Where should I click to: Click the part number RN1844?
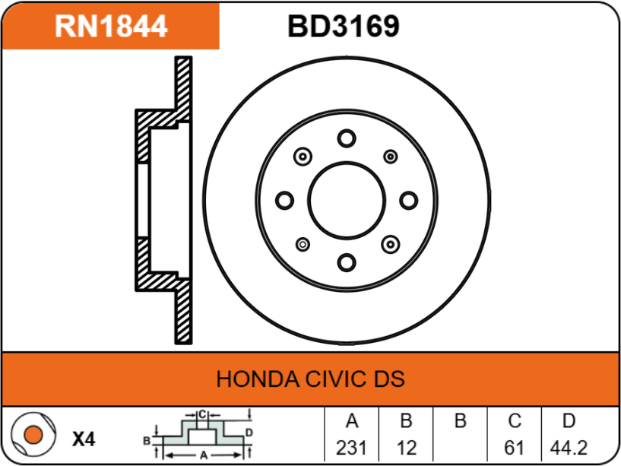pos(111,27)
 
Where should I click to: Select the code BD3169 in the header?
pos(344,27)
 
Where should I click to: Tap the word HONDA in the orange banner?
pos(258,379)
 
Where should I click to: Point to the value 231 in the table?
pos(351,448)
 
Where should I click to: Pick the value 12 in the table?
pos(407,448)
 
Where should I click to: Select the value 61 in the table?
pos(514,448)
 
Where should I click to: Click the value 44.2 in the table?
pos(569,448)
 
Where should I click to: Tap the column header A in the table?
pos(352,421)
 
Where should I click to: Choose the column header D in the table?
pos(569,421)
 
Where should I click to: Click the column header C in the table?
pos(515,421)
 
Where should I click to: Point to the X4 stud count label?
pos(84,439)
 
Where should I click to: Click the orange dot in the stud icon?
pos(33,435)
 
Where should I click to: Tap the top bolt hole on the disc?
pos(347,138)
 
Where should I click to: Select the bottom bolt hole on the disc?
pos(347,263)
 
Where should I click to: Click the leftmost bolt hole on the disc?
pos(284,200)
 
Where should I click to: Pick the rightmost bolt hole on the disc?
pos(409,200)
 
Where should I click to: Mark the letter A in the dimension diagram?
pos(204,455)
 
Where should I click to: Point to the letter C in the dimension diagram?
pos(202,414)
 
